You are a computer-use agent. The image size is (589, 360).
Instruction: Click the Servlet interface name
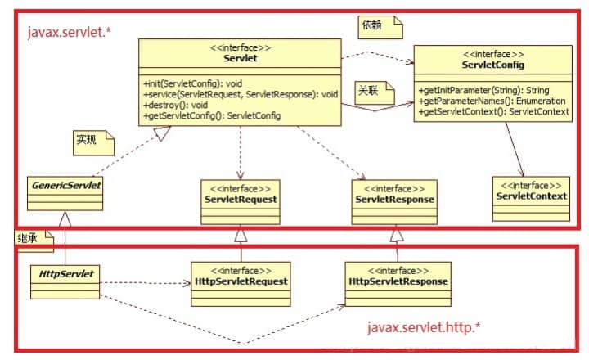coord(240,58)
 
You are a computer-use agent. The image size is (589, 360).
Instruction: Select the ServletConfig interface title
coord(492,65)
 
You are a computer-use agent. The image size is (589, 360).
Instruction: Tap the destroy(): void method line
coord(175,106)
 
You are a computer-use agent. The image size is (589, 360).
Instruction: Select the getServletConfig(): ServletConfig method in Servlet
coord(211,116)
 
